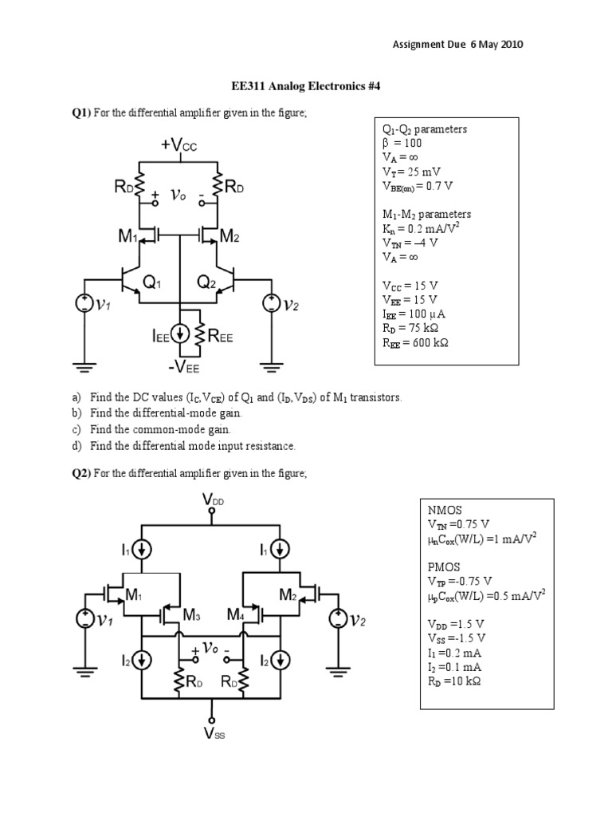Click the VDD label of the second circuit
[x=213, y=500]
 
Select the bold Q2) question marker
[x=81, y=474]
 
